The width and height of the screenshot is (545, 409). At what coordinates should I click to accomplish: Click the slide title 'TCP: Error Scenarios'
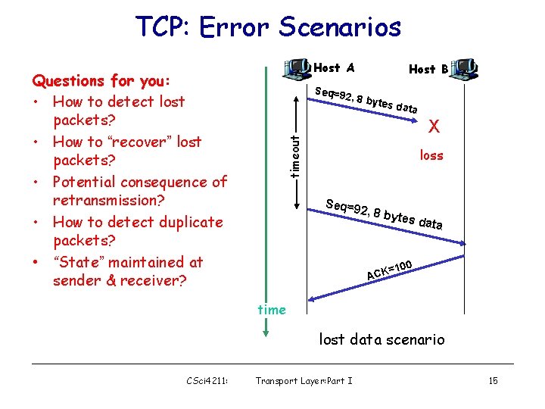tap(268, 27)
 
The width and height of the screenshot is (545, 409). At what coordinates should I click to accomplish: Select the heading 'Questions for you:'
tap(101, 81)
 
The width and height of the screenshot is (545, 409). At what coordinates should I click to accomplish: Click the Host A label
tap(334, 68)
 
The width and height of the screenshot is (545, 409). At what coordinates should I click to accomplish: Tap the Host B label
tap(428, 69)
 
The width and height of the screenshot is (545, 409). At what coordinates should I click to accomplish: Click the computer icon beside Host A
tap(296, 67)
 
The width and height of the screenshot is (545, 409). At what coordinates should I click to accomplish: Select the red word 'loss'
tap(432, 155)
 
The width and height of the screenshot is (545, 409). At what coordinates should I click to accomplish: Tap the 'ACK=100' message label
tap(389, 270)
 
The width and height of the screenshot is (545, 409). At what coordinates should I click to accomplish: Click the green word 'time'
tap(272, 309)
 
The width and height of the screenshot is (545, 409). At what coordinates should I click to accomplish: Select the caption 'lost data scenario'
tap(381, 339)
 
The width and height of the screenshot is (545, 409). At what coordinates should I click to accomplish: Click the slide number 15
tap(493, 380)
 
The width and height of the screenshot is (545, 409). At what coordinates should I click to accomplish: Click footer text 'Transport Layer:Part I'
tap(304, 380)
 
